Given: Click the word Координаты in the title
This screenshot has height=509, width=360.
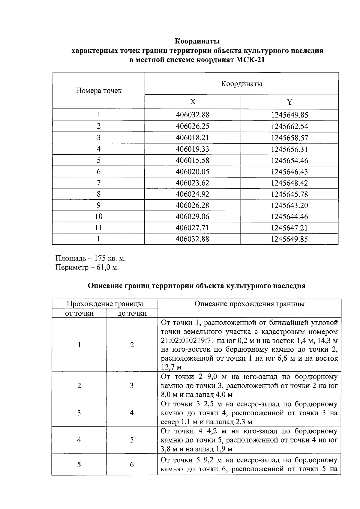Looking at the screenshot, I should click(197, 41).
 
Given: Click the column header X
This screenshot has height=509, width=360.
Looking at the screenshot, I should click(193, 102).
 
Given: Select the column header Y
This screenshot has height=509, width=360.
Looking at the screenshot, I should click(289, 102).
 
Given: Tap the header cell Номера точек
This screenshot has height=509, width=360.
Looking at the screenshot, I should click(99, 91).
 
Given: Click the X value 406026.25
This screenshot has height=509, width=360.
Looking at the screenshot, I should click(192, 126).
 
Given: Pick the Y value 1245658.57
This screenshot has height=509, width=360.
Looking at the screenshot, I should click(289, 138).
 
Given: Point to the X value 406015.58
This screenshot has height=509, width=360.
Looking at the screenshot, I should click(192, 160).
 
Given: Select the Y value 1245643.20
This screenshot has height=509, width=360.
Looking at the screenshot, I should click(289, 205).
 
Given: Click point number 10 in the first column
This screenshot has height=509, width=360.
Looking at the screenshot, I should click(98, 216).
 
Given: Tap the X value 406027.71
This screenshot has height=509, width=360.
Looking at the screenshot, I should click(192, 228).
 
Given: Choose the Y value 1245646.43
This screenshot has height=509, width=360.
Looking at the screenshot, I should click(289, 172).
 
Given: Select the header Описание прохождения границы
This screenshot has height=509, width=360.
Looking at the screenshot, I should click(249, 304).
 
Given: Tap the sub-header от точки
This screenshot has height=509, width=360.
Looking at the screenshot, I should click(79, 313).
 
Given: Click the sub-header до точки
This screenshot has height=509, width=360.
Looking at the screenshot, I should click(132, 313).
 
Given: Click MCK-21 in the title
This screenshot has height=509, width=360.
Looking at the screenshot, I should click(250, 60).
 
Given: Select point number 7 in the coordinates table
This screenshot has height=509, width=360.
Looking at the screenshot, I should click(98, 183).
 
